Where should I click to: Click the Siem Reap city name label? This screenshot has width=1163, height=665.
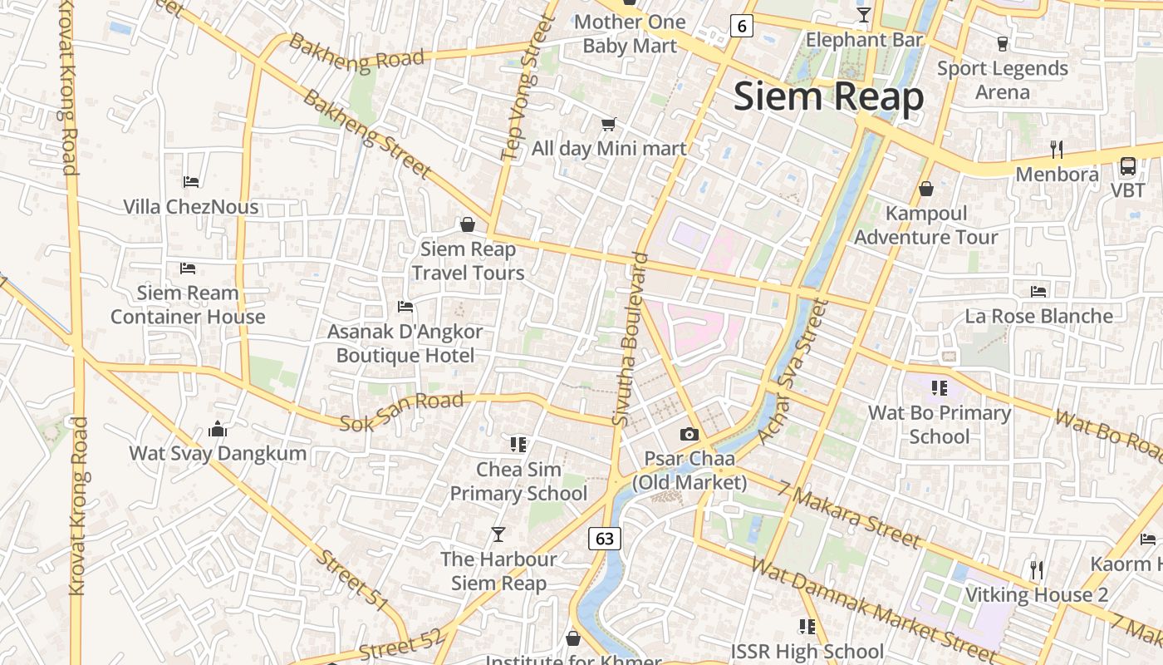click(x=828, y=97)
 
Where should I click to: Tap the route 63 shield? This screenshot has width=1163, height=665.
click(x=605, y=538)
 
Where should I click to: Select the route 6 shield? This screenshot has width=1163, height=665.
click(x=741, y=26)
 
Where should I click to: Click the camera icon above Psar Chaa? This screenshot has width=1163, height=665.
click(x=689, y=434)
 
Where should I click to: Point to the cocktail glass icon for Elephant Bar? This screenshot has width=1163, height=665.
click(x=864, y=15)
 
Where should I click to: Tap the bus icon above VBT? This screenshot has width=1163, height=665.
click(x=1127, y=166)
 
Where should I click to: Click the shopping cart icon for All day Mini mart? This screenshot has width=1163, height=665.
click(x=609, y=125)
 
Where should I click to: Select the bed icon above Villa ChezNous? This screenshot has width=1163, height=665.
click(x=190, y=181)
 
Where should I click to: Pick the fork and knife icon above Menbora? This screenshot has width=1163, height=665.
click(x=1056, y=150)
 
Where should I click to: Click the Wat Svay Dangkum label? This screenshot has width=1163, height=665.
click(x=218, y=453)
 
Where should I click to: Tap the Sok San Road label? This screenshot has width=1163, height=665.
click(x=401, y=412)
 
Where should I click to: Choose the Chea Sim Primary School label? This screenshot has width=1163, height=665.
click(x=518, y=481)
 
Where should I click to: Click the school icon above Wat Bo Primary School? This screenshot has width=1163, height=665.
click(x=940, y=387)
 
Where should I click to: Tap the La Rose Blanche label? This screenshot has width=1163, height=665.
click(x=1038, y=316)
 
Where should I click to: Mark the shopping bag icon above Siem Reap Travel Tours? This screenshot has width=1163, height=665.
click(x=468, y=224)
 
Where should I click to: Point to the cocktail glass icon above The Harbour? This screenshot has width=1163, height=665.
click(x=498, y=534)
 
